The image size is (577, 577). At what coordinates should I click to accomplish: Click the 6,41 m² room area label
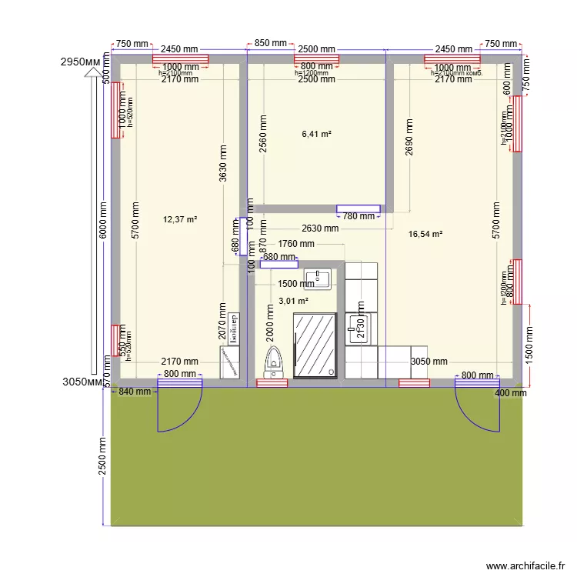coord(317,134)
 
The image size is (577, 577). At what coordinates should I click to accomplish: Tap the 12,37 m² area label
coord(180,219)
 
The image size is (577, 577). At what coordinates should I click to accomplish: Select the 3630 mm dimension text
coord(223,164)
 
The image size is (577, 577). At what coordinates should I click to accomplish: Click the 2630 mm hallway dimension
coord(320,228)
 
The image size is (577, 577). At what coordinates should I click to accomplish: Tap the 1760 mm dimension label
coord(296,244)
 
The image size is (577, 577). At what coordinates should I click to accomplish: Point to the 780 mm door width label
coord(359,216)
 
